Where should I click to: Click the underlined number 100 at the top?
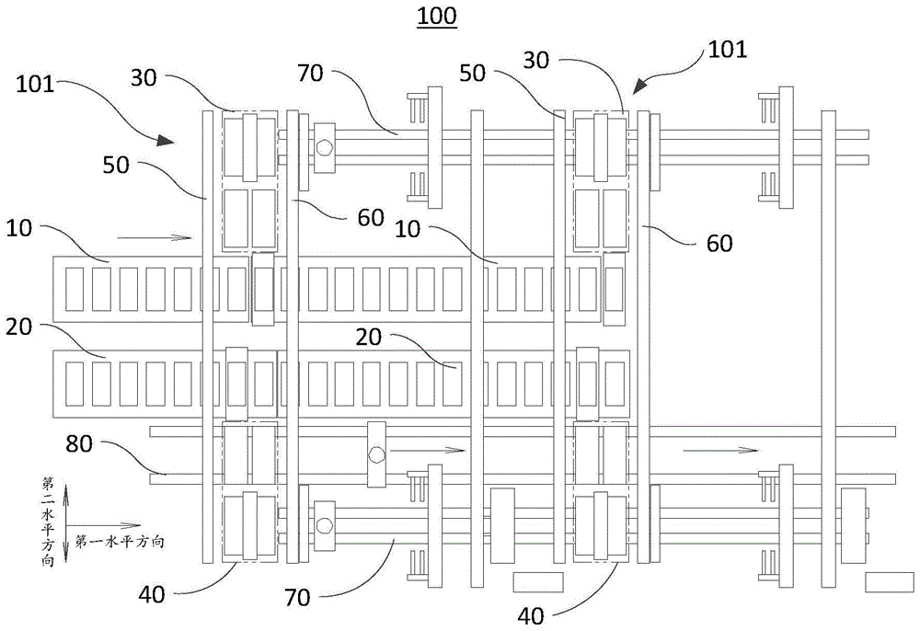pos(435,17)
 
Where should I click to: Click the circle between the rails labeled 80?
pos(375,453)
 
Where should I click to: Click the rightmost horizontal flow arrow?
pos(719,450)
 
